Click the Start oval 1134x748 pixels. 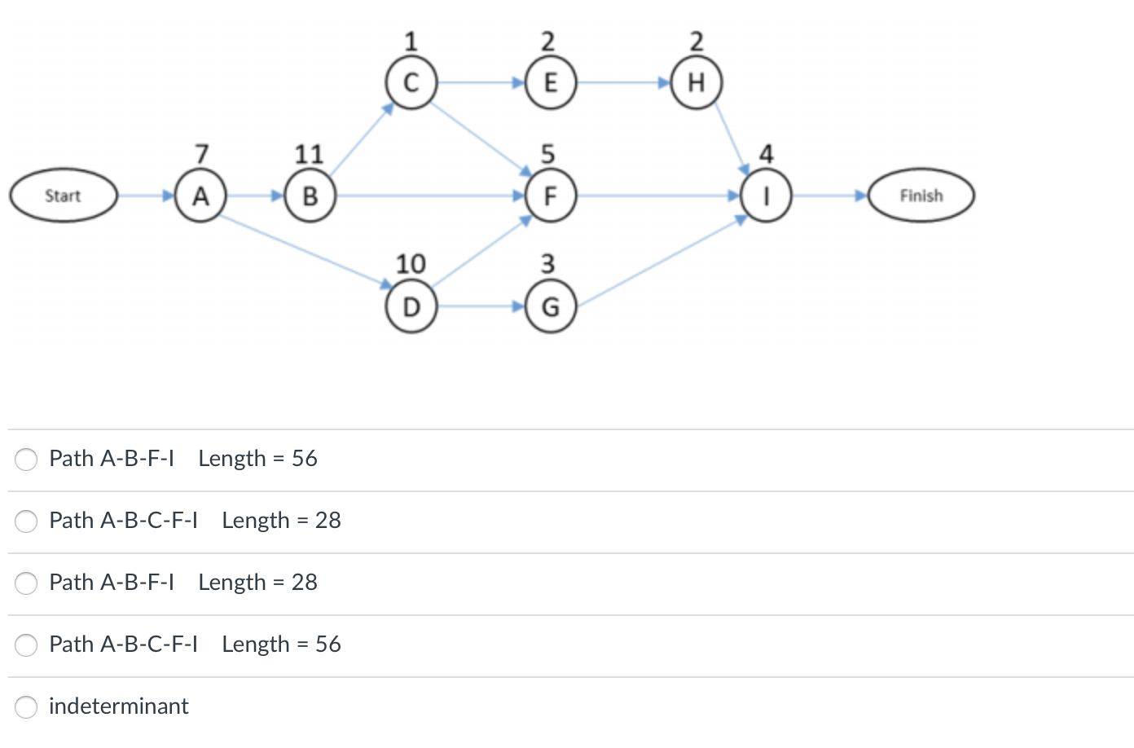[64, 196]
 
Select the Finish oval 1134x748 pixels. [921, 196]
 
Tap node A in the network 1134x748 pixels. [200, 196]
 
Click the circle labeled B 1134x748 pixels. [310, 196]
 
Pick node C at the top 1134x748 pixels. [411, 82]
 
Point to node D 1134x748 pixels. [411, 306]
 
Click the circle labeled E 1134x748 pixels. [550, 82]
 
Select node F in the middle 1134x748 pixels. [550, 196]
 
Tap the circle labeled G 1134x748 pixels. [550, 306]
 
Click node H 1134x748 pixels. [696, 82]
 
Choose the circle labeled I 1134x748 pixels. [766, 196]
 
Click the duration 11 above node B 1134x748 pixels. [309, 154]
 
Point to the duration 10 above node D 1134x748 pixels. [411, 263]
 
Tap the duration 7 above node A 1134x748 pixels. [202, 154]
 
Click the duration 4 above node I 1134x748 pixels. [766, 154]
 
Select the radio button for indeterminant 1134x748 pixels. [26, 706]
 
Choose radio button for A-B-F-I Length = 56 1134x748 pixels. [26, 459]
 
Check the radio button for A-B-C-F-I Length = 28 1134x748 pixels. [26, 521]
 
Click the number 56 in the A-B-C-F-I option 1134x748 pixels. [327, 645]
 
